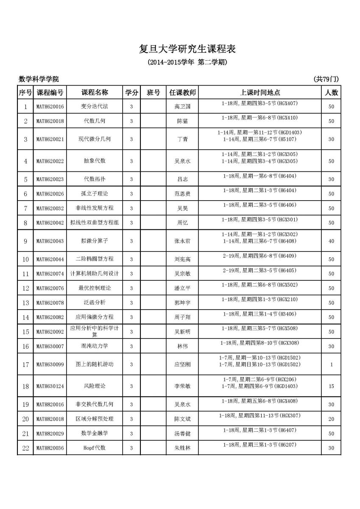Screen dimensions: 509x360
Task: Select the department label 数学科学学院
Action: point(39,79)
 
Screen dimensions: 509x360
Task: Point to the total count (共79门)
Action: point(327,79)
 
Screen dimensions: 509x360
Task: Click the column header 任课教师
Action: point(183,92)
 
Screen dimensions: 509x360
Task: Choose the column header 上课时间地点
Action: point(260,92)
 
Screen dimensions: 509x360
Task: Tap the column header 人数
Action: point(331,92)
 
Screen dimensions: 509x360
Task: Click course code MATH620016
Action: point(50,106)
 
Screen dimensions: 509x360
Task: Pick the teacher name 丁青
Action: point(182,139)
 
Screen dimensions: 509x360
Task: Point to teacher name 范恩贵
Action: point(182,194)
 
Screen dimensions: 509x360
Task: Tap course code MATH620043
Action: point(50,241)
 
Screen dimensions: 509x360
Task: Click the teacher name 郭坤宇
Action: point(182,303)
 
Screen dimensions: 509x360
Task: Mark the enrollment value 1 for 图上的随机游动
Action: point(331,364)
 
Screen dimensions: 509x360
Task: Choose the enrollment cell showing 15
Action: point(331,386)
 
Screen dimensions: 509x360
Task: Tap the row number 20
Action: point(25,419)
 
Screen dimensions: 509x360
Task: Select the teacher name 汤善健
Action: point(182,433)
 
